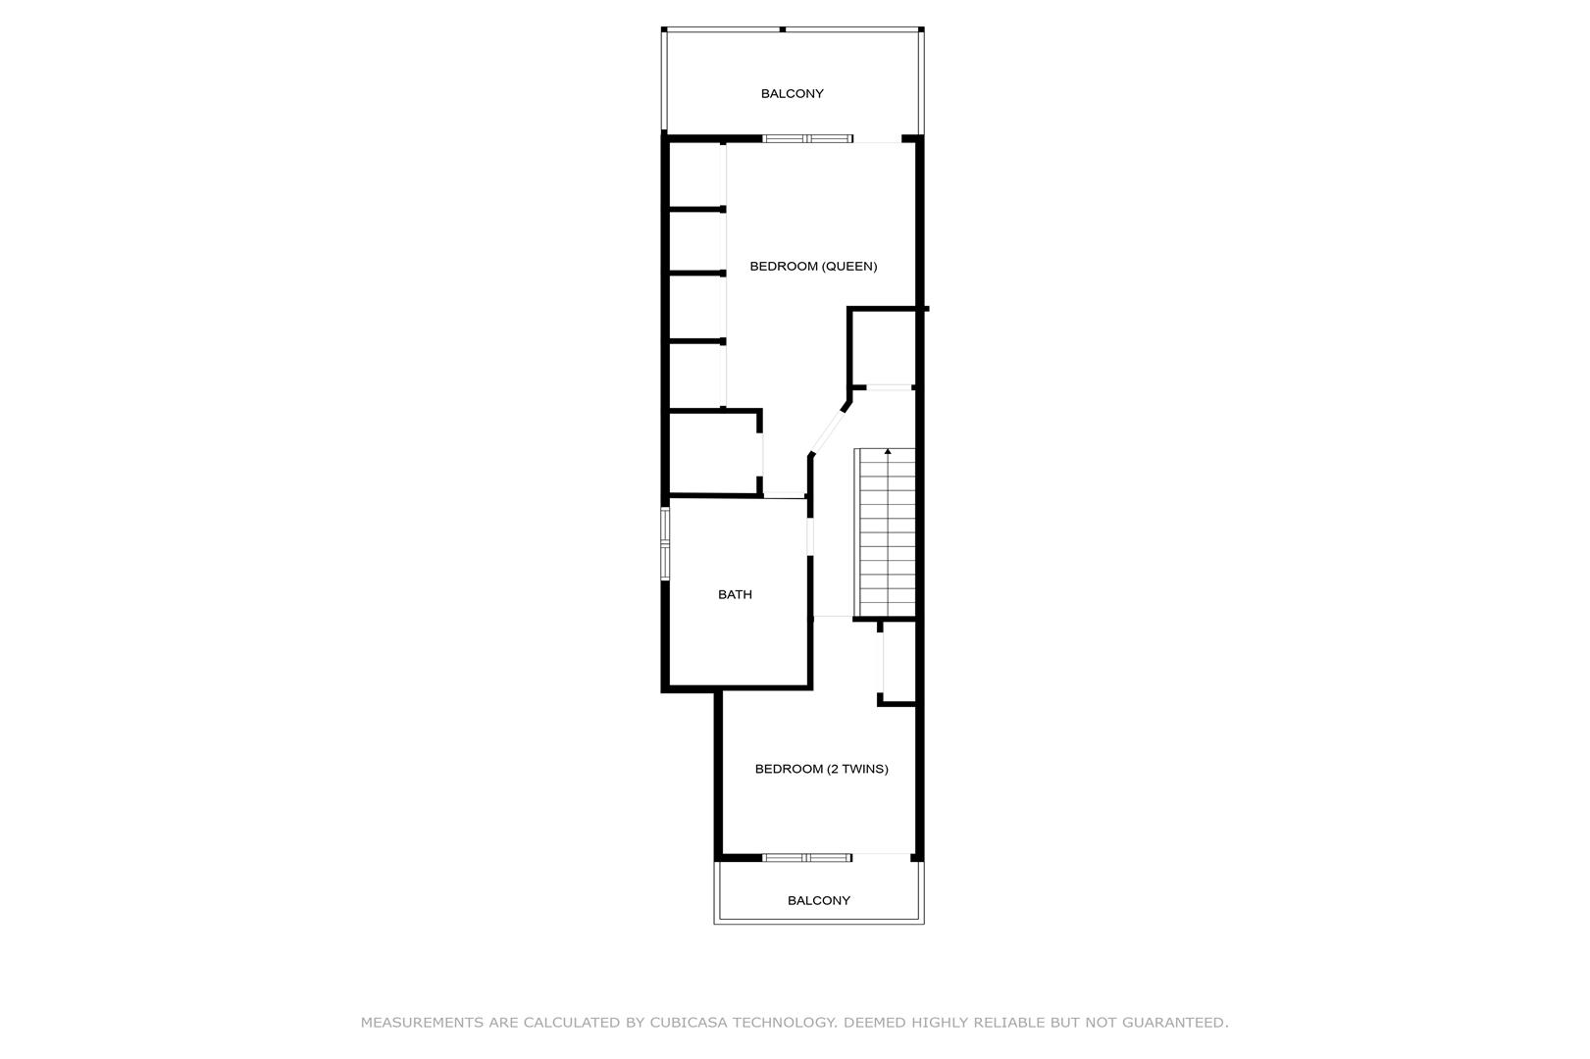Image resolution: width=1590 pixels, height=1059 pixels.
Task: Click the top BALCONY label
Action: (793, 94)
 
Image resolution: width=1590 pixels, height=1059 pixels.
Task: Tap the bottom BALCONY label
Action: (818, 901)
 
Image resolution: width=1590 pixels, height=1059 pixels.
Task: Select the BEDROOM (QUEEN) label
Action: (813, 266)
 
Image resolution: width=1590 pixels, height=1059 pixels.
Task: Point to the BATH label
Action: (735, 595)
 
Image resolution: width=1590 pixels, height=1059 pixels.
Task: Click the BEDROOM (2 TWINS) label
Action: (821, 769)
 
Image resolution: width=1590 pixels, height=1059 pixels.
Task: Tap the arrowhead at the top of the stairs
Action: (888, 451)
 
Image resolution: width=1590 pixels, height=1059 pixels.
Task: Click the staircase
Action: (885, 532)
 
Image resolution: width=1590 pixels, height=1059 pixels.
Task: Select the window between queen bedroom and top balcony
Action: (808, 139)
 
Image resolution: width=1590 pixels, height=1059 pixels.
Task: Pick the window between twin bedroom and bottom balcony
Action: (807, 858)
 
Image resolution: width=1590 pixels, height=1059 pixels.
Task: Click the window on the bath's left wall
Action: (665, 543)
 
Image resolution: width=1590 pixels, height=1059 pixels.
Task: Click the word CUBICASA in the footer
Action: (688, 1023)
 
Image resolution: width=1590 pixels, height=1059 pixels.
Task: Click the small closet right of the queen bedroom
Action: (883, 348)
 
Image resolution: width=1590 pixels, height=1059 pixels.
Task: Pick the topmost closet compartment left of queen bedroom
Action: (695, 176)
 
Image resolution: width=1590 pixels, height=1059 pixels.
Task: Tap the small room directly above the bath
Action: (713, 453)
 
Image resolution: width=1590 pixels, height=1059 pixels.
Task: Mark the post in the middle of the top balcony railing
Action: (782, 29)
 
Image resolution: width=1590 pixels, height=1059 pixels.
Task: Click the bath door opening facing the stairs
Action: (810, 537)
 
